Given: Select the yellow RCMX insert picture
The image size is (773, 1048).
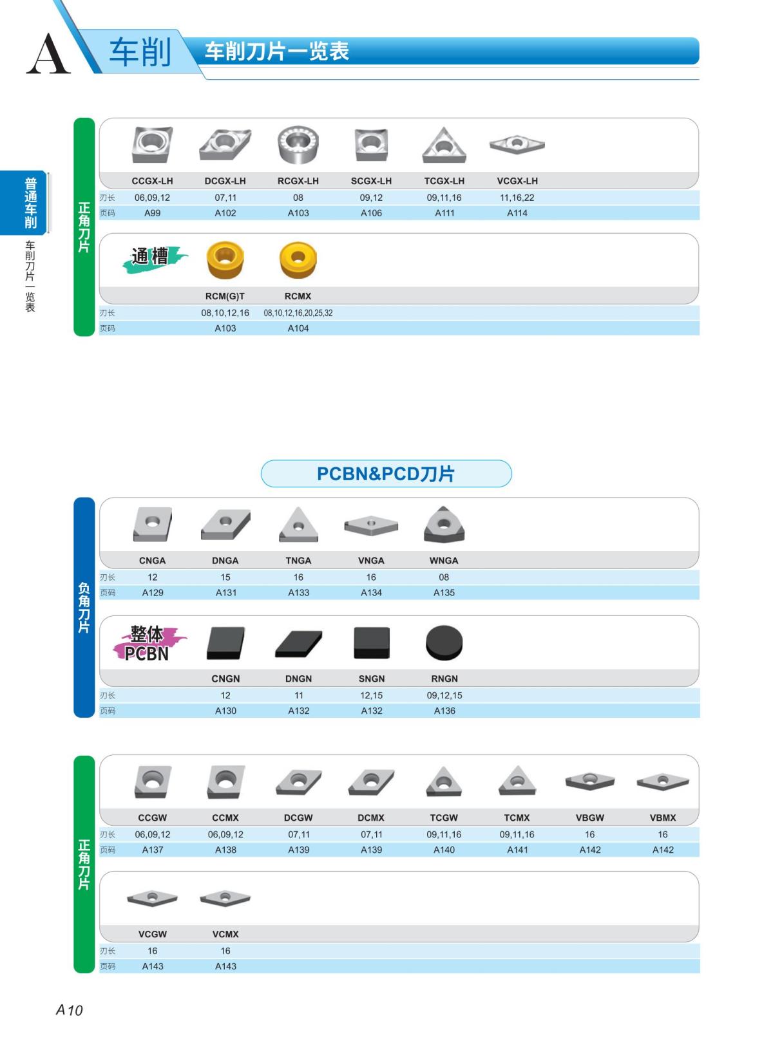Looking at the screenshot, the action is [298, 259].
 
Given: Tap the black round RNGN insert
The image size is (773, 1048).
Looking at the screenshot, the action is [444, 642].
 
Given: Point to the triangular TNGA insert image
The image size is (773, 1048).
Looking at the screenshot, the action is [298, 525].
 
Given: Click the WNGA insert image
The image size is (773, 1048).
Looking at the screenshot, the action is [444, 524].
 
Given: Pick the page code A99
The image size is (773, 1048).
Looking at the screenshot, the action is [152, 213].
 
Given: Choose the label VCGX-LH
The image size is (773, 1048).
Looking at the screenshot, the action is [517, 181].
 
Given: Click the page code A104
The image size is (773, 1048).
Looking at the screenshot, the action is [298, 328].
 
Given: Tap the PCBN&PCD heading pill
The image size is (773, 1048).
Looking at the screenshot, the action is [386, 474].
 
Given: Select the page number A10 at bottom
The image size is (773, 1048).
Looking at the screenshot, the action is [70, 1010].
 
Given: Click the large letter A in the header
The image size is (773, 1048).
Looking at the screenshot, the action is [48, 54].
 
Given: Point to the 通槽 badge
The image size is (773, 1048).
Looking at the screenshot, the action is [155, 257].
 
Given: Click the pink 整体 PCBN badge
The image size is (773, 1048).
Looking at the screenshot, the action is [149, 643].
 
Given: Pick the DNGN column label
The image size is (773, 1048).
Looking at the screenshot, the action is [298, 679].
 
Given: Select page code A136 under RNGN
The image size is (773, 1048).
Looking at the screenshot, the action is [444, 711].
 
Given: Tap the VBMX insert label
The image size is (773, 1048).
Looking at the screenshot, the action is [663, 818].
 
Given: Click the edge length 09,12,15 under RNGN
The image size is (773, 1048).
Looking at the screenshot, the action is [444, 695].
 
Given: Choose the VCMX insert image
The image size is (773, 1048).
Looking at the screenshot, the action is [225, 898].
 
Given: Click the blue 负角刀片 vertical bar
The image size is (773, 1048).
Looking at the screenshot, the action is [84, 607].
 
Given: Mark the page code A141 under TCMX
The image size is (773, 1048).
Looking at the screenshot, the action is [517, 850].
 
